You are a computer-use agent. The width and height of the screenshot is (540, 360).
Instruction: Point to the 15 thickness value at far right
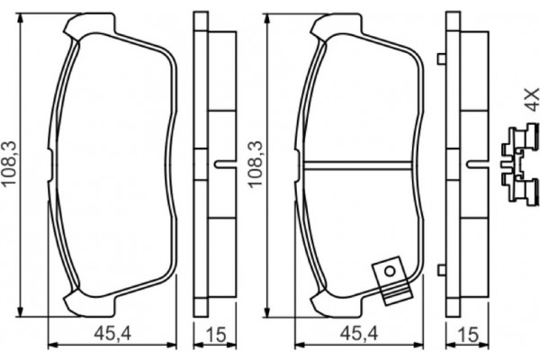tap(465, 335)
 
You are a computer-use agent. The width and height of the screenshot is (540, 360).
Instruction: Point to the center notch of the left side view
tap(221, 165)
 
